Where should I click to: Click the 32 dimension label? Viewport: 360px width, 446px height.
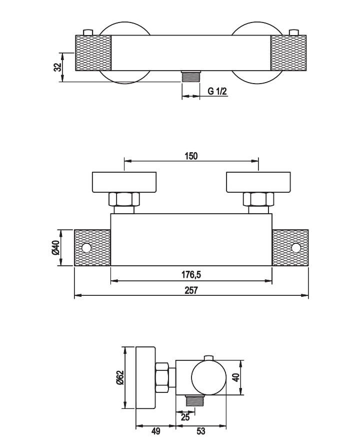(x=57, y=67)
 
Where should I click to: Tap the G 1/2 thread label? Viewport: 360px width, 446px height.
(x=217, y=91)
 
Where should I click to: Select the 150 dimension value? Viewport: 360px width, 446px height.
(x=191, y=156)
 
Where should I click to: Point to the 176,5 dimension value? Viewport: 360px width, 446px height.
(x=191, y=275)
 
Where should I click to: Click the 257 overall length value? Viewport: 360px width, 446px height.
(x=191, y=290)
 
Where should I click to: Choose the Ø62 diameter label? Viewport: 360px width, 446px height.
(x=120, y=378)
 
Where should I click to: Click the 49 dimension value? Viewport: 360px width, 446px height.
(x=155, y=431)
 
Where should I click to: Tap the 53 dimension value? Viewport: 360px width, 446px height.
(x=200, y=431)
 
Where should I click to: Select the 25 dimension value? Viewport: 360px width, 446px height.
(x=185, y=417)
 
